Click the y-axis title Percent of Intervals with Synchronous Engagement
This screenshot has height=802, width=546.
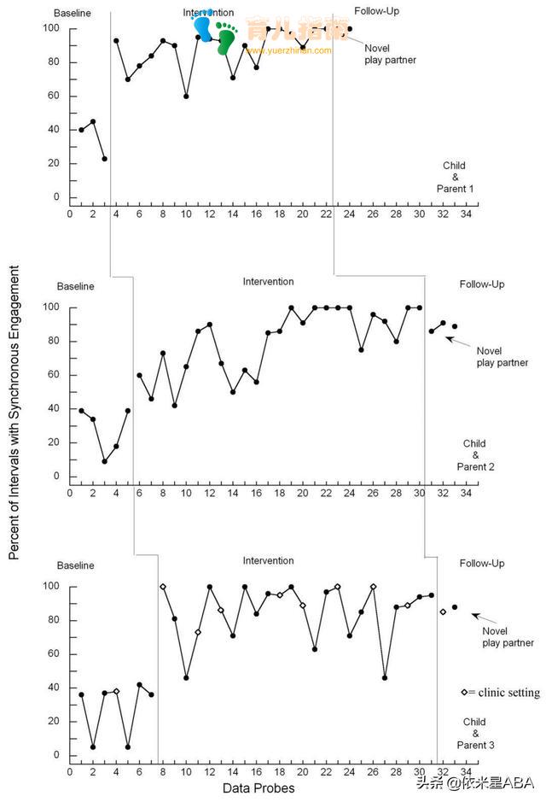(14, 412)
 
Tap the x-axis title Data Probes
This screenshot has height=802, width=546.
(258, 787)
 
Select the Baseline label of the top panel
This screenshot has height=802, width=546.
(72, 15)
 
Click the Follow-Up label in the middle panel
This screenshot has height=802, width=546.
(482, 284)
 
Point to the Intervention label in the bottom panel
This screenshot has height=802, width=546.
(268, 561)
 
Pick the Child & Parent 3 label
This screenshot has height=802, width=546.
(475, 734)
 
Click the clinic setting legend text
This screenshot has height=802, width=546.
(501, 693)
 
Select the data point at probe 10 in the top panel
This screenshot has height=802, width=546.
(186, 96)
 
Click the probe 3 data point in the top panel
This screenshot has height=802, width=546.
(104, 159)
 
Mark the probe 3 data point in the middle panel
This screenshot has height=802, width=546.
(104, 461)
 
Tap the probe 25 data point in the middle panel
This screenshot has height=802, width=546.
(362, 350)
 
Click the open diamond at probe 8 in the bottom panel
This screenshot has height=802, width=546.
(163, 587)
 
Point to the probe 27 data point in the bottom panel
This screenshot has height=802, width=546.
(385, 677)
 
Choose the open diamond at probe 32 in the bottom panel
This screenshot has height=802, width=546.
(443, 612)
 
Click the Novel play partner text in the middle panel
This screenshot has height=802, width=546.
(502, 357)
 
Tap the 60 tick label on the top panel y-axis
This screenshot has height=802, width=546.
(54, 96)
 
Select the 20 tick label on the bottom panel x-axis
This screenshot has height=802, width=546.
(303, 772)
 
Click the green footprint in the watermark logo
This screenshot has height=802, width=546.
(226, 38)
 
